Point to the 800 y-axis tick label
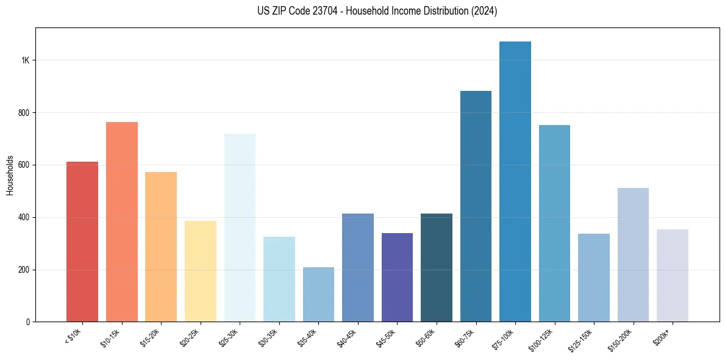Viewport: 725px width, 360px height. pyautogui.click(x=24, y=113)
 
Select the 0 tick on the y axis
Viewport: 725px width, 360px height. pyautogui.click(x=28, y=322)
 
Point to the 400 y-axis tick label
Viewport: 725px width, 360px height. pyautogui.click(x=24, y=217)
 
